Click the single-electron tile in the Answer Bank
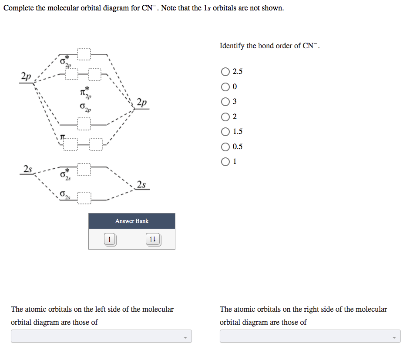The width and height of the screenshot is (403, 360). point(110,239)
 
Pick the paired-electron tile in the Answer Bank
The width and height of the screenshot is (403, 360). point(153,239)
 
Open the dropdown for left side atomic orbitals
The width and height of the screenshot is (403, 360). point(101,336)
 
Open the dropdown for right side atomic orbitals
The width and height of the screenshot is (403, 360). point(310,336)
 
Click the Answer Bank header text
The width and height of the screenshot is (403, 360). point(132,221)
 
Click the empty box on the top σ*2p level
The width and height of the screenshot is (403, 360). point(84,54)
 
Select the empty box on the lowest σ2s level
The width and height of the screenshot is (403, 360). point(84,198)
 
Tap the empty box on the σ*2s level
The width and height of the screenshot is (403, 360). point(84,170)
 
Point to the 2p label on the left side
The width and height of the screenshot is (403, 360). point(26,76)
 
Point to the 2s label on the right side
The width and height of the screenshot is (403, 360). point(141,184)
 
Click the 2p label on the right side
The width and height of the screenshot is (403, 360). point(141,103)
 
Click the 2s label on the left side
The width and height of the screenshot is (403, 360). point(28,169)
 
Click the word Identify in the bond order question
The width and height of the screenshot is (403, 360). point(232,46)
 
